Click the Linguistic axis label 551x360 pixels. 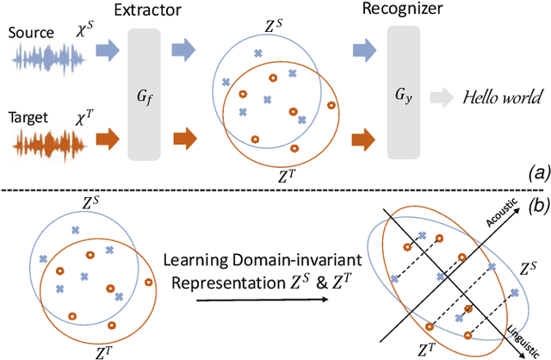pos(521,329)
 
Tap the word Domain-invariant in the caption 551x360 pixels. pos(264,263)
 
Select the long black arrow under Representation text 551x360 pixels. pos(261,299)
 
